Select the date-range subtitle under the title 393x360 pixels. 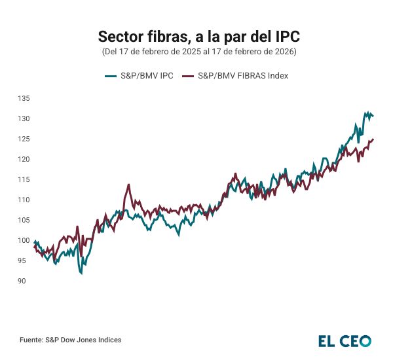click(196, 51)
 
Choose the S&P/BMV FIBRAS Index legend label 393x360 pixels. click(243, 75)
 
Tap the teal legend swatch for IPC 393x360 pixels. click(110, 75)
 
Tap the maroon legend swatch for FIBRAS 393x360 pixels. click(189, 75)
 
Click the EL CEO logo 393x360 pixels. click(345, 340)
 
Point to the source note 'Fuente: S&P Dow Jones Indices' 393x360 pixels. click(70, 340)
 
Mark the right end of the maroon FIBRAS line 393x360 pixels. click(373, 139)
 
